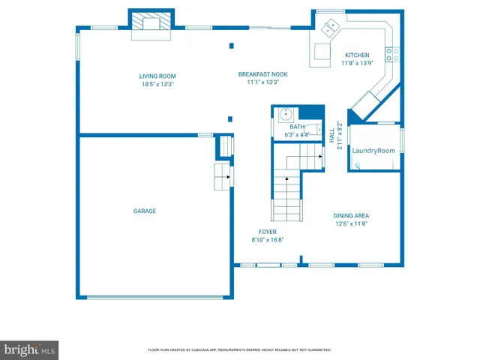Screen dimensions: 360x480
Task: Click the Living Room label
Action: [157, 76]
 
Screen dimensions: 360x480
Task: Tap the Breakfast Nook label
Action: [262, 73]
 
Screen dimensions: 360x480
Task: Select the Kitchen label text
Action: [356, 55]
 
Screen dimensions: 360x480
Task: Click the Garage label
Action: [145, 211]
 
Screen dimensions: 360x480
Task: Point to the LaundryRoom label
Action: [373, 151]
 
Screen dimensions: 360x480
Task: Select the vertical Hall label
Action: [332, 136]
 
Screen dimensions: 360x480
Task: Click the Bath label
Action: [297, 127]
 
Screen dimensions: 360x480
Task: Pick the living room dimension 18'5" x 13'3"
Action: [157, 84]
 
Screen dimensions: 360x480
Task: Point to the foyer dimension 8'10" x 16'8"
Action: [268, 240]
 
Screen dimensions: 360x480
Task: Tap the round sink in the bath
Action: [284, 115]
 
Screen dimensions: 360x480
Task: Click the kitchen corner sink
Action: [330, 29]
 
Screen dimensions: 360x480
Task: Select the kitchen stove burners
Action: [391, 53]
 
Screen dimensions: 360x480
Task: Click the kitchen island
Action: [322, 52]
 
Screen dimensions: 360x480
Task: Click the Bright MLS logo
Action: [30, 350]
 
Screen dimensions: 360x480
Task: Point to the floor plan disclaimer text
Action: [240, 350]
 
